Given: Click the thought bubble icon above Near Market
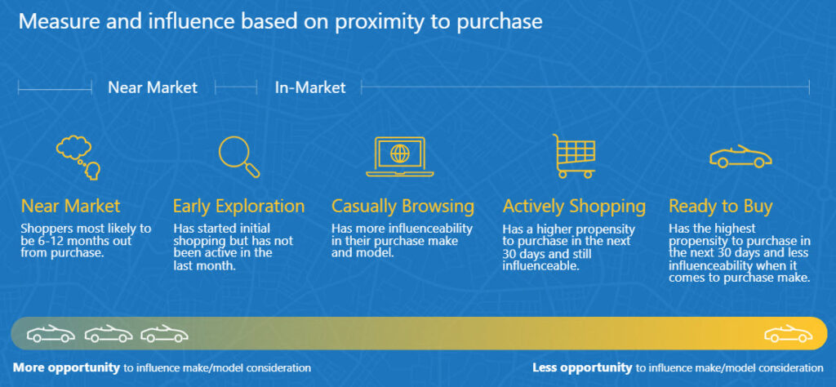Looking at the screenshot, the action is [78, 158].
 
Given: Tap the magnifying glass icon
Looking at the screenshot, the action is [239, 157].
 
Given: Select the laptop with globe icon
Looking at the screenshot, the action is [399, 157].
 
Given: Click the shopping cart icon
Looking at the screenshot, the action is [574, 156].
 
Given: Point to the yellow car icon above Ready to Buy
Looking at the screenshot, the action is [740, 157].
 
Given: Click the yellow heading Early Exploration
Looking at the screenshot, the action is [239, 207].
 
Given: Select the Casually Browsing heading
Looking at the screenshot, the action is [402, 207].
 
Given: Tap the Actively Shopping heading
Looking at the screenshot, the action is [574, 207].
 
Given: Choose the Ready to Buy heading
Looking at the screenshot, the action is [720, 207].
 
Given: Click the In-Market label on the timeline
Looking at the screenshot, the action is [310, 87].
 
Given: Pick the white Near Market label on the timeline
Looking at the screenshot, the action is [153, 87].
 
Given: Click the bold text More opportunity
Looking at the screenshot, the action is [67, 367].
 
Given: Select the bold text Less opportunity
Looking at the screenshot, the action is [582, 367].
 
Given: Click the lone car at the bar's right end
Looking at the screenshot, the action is [788, 334].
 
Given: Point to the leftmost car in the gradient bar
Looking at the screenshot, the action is [51, 334].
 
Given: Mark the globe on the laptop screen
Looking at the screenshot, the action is [399, 153].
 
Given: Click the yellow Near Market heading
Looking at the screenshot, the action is [70, 207].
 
